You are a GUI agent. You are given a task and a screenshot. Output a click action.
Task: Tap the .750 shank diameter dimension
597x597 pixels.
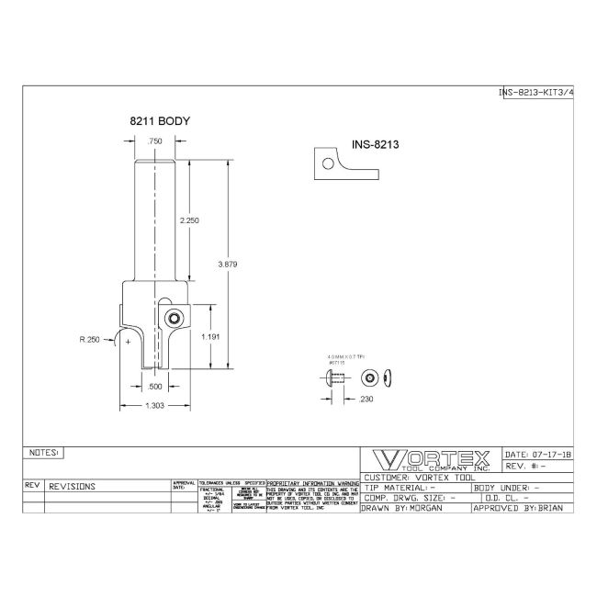[x=155, y=141]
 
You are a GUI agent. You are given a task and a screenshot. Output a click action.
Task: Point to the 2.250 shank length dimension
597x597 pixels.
[x=190, y=221]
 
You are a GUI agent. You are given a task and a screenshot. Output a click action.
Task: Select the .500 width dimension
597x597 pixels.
[x=156, y=387]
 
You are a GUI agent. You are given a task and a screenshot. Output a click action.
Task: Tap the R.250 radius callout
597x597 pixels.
[x=90, y=339]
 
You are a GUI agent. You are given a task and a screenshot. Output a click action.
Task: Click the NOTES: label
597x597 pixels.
[x=44, y=453]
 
